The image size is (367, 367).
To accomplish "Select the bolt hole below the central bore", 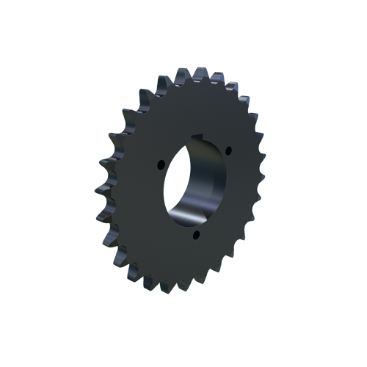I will pos(195,235).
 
